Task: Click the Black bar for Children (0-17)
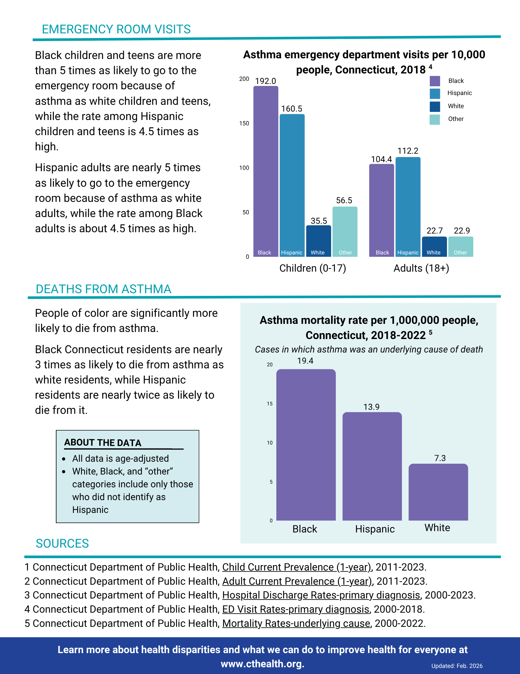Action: (x=266, y=171)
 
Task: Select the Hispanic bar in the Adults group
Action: (x=408, y=207)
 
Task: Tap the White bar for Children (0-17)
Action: (x=318, y=241)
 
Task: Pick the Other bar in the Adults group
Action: (x=460, y=247)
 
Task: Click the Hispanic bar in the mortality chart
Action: (x=372, y=466)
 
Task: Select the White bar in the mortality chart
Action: (x=438, y=492)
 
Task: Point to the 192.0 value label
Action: (x=266, y=81)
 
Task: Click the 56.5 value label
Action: (x=344, y=201)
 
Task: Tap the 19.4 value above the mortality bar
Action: (x=305, y=361)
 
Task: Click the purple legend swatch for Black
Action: (x=435, y=81)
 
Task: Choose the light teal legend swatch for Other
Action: (x=435, y=120)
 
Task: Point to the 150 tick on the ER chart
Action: (x=244, y=123)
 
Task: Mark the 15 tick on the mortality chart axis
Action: (x=270, y=404)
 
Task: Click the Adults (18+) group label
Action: (x=421, y=268)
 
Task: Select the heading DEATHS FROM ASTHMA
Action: (x=103, y=289)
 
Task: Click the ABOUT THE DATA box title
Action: (x=103, y=443)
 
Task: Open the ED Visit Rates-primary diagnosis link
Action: (x=296, y=609)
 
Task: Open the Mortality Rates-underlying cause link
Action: (x=296, y=623)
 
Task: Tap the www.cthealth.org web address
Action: (x=263, y=664)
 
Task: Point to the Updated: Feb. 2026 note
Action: (x=457, y=666)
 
